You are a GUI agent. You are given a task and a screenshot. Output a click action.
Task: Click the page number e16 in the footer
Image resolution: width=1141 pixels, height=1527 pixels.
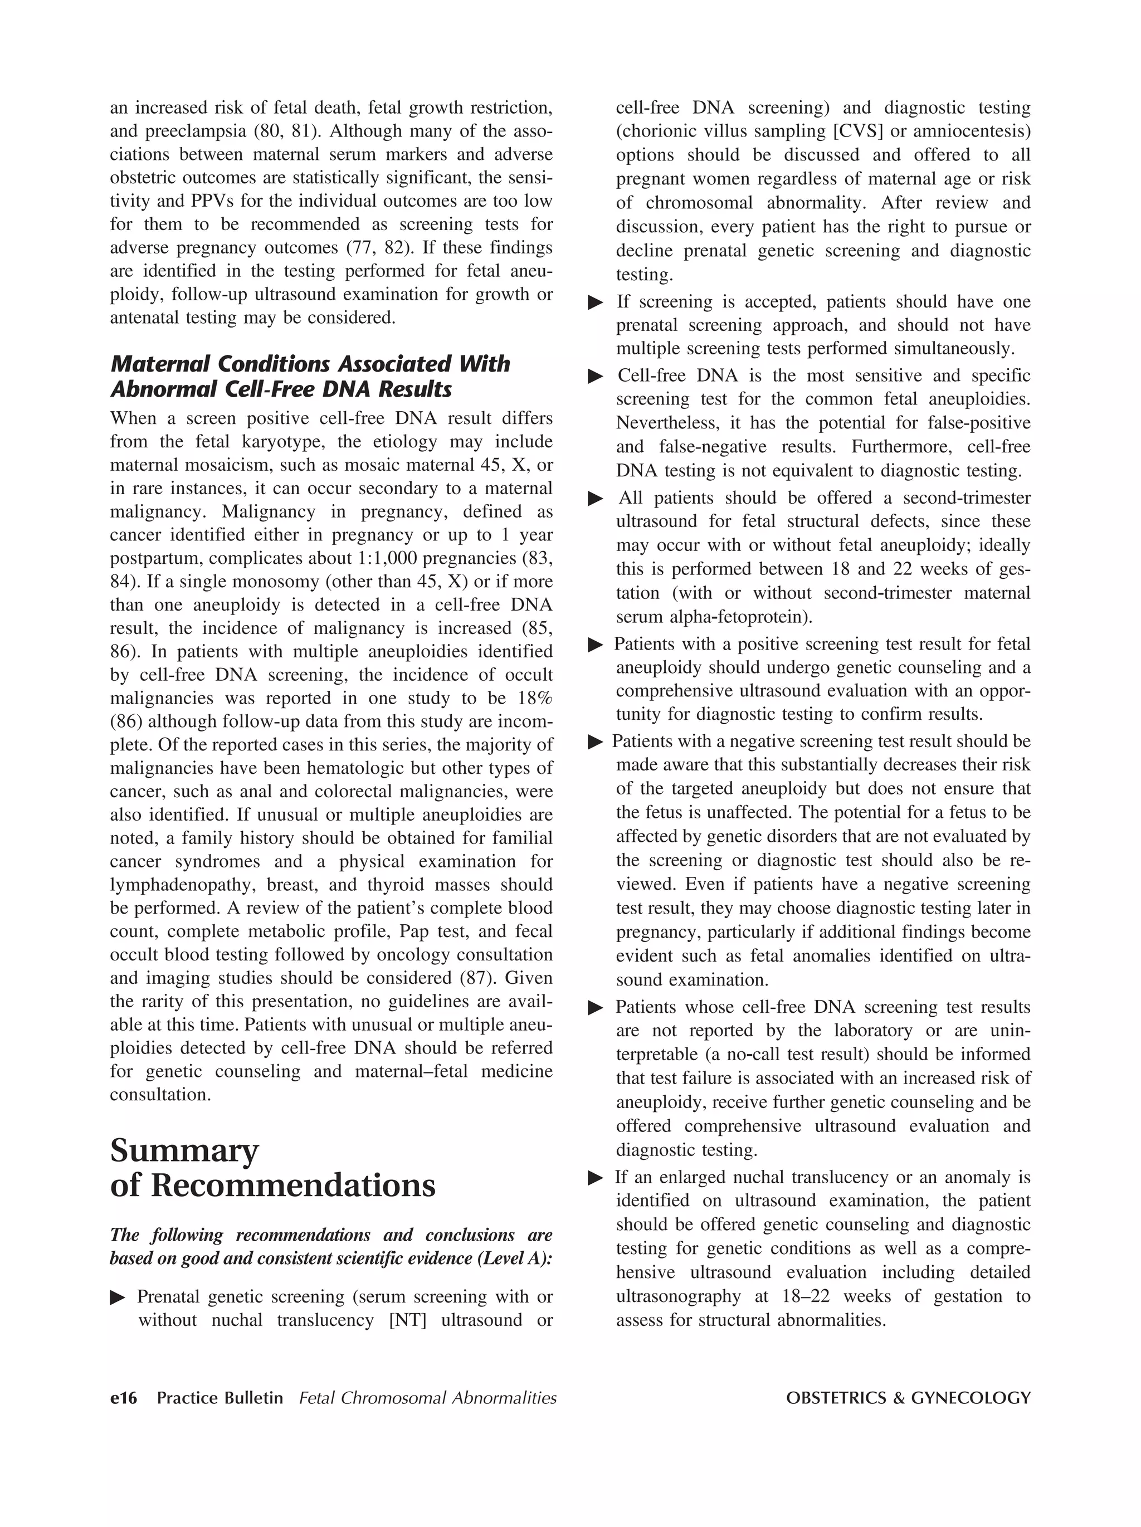coord(124,1398)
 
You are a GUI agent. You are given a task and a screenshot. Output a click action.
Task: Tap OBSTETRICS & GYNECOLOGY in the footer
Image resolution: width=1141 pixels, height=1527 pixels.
coord(908,1398)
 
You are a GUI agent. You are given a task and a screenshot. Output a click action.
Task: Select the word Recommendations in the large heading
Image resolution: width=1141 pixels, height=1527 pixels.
coord(294,1186)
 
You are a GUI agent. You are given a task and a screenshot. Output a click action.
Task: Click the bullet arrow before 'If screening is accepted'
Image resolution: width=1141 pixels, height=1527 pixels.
coord(595,303)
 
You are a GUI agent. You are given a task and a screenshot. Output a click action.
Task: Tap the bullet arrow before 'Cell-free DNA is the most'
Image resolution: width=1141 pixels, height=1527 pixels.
coord(595,376)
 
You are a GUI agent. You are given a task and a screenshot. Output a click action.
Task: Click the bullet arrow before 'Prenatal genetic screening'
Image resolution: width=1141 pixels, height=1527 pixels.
coord(118,1297)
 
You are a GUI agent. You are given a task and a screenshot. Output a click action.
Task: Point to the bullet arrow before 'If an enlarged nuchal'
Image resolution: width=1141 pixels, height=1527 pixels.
coord(595,1178)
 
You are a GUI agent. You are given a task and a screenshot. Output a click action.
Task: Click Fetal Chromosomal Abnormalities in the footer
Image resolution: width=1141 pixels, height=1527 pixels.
coord(428,1398)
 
